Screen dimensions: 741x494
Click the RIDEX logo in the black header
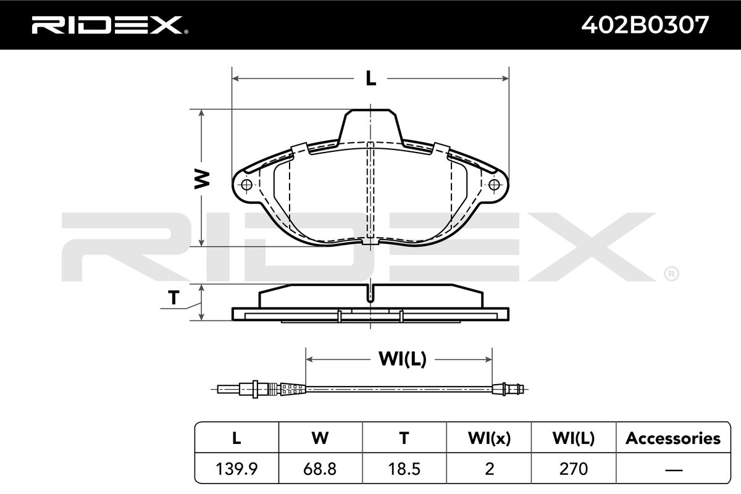pyautogui.click(x=110, y=25)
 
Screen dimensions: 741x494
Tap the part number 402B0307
pyautogui.click(x=645, y=25)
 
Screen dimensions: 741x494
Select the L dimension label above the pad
pyautogui.click(x=371, y=79)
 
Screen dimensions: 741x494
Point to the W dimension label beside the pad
pyautogui.click(x=202, y=179)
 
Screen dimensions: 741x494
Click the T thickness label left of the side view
pyautogui.click(x=174, y=297)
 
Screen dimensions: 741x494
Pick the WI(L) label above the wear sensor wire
pyautogui.click(x=403, y=359)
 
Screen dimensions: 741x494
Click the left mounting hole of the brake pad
pyautogui.click(x=247, y=185)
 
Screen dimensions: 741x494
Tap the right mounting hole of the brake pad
pyautogui.click(x=494, y=185)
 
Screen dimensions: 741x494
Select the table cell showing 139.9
pyautogui.click(x=237, y=469)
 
